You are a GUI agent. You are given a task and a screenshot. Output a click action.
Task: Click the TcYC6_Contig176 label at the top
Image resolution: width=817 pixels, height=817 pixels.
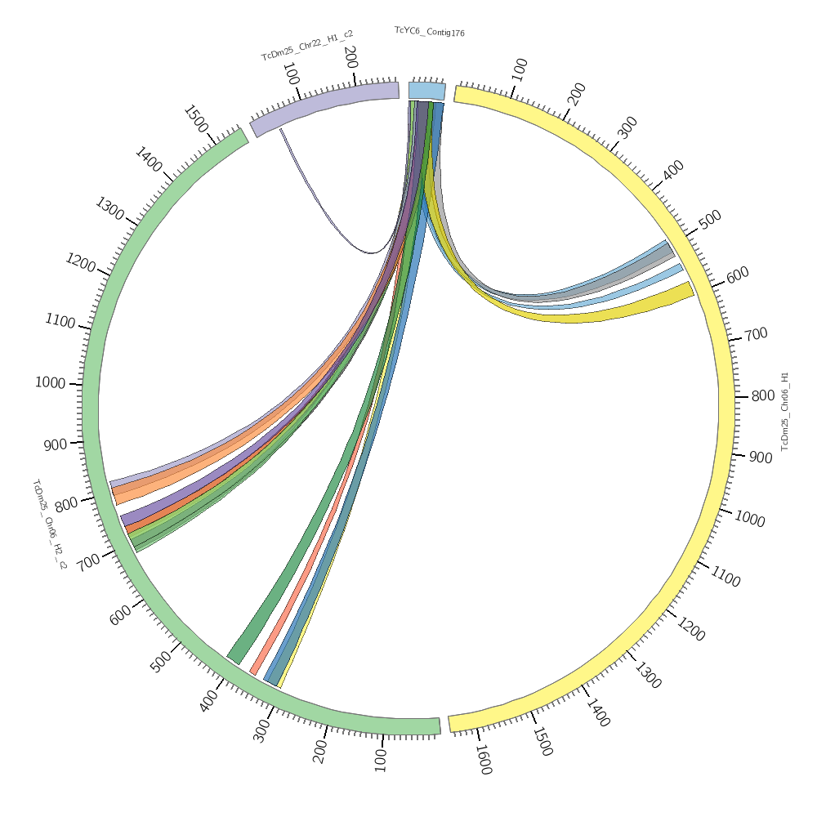(430, 32)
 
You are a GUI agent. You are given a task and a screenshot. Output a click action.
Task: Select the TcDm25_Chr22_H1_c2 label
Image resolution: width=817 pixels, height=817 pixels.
(307, 46)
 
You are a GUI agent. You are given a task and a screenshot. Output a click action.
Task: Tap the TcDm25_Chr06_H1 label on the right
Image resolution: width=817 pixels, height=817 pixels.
(785, 411)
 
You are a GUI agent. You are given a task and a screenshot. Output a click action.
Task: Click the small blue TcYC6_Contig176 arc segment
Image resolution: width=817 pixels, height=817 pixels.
(426, 91)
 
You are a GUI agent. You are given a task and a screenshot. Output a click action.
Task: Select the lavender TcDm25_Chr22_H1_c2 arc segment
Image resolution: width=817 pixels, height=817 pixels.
(327, 105)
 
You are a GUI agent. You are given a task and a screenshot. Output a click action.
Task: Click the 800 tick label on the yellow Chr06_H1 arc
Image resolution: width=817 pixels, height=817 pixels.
(762, 396)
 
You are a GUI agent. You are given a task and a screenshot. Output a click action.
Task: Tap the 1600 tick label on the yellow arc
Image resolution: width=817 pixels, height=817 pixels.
(483, 760)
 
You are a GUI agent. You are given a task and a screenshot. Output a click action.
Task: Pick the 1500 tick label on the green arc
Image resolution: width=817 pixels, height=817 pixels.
(195, 118)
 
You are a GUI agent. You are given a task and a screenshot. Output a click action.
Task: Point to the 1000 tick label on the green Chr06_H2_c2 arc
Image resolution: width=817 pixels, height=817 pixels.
(50, 382)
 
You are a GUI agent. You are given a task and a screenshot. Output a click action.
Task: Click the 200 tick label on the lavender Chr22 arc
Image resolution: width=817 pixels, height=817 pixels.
(350, 57)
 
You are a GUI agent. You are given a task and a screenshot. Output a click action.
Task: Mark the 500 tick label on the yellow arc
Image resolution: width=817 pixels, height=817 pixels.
(710, 220)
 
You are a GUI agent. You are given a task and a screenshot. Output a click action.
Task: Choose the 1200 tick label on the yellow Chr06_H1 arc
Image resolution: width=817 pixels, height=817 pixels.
(690, 629)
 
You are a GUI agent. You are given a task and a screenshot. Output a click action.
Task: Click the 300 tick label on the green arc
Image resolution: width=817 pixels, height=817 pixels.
(261, 730)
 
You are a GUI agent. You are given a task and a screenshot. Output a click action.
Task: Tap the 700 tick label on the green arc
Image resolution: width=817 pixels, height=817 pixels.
(88, 560)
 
